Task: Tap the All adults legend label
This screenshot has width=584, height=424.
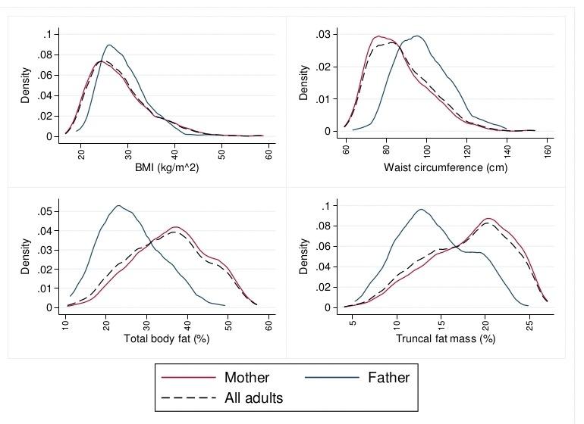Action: (253, 397)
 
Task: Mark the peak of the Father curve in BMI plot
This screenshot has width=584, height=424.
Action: (110, 45)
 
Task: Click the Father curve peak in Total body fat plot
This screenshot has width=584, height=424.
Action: (118, 205)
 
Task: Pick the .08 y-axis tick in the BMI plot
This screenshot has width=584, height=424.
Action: (49, 55)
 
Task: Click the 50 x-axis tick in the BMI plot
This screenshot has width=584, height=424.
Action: (222, 148)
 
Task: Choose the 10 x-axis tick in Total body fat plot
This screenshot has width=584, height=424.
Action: (65, 321)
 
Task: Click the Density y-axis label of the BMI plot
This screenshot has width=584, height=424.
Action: (25, 85)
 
